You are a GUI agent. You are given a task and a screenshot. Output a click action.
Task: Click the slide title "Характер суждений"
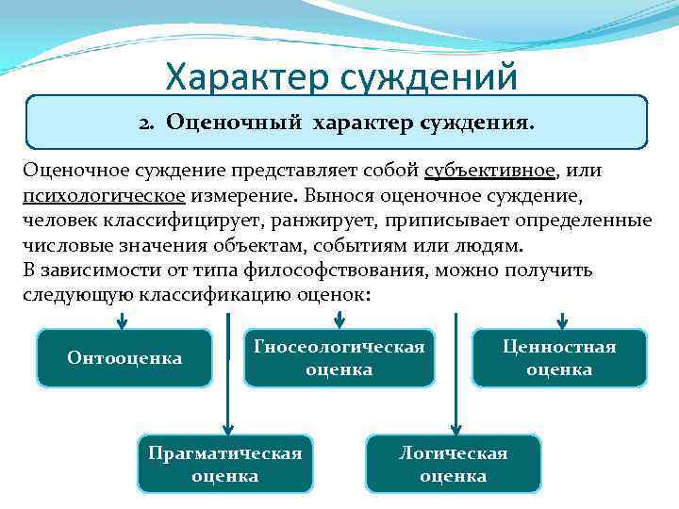(340, 76)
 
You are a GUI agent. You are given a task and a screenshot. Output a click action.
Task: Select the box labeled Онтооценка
(124, 358)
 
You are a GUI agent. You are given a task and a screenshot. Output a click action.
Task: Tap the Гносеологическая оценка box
(339, 358)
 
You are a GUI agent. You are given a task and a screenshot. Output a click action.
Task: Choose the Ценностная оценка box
(559, 358)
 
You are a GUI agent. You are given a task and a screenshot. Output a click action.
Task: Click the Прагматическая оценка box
(224, 464)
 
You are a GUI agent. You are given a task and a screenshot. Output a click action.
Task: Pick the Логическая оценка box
(453, 464)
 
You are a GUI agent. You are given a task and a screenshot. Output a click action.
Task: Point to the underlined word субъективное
(489, 172)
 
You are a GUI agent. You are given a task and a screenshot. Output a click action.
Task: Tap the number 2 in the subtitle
(145, 123)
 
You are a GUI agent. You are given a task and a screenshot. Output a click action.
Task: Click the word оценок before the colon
(334, 295)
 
